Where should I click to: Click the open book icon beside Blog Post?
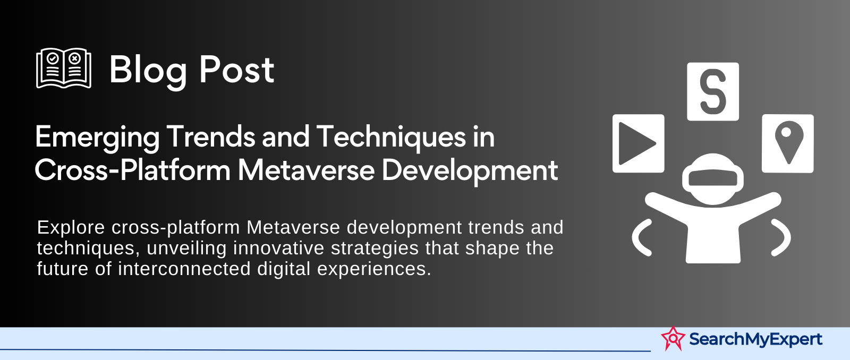[x=64, y=68]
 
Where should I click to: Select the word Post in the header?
[x=237, y=70]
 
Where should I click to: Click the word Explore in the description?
[x=71, y=228]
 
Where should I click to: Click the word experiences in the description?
[x=374, y=269]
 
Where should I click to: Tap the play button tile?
[x=638, y=143]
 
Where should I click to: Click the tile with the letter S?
[x=712, y=91]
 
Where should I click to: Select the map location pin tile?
[x=788, y=143]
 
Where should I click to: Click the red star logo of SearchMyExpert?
[x=673, y=338]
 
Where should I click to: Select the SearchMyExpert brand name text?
[x=755, y=339]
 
